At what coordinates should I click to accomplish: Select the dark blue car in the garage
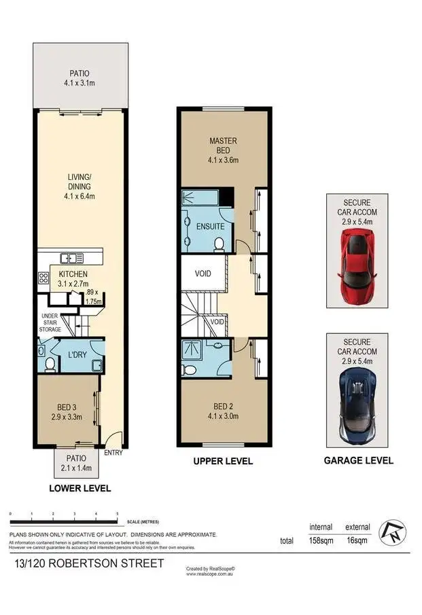tap(357, 407)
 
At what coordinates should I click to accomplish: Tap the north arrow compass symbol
tap(389, 533)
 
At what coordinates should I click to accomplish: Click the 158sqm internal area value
tap(321, 541)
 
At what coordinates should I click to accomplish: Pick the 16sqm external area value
tap(357, 541)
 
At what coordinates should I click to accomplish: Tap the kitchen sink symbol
tap(71, 257)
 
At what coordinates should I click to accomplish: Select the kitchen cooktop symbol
tap(43, 277)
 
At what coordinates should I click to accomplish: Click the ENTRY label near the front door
tap(113, 453)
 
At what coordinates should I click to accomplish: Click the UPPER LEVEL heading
tap(224, 461)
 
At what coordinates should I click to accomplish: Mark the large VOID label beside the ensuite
tap(203, 274)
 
